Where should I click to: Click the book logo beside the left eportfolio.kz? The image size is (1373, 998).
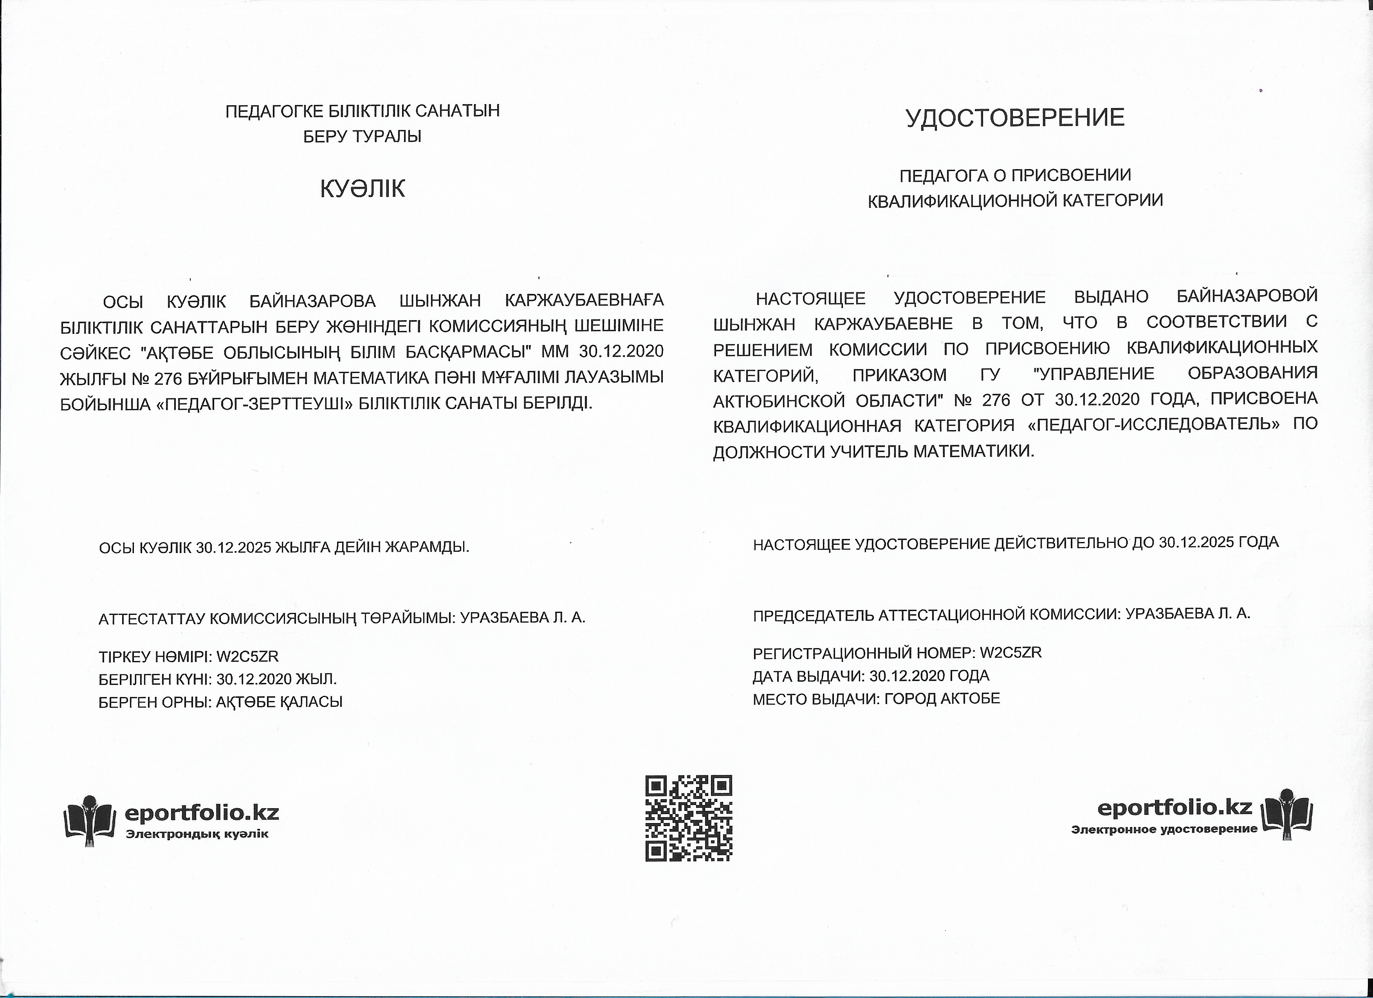click(89, 820)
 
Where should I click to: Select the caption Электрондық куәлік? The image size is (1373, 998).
click(197, 834)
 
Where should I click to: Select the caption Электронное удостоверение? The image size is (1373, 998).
click(1164, 829)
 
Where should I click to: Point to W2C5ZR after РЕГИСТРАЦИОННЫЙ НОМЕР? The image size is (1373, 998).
click(1010, 652)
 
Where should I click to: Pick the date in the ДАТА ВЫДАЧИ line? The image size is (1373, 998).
click(907, 676)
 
